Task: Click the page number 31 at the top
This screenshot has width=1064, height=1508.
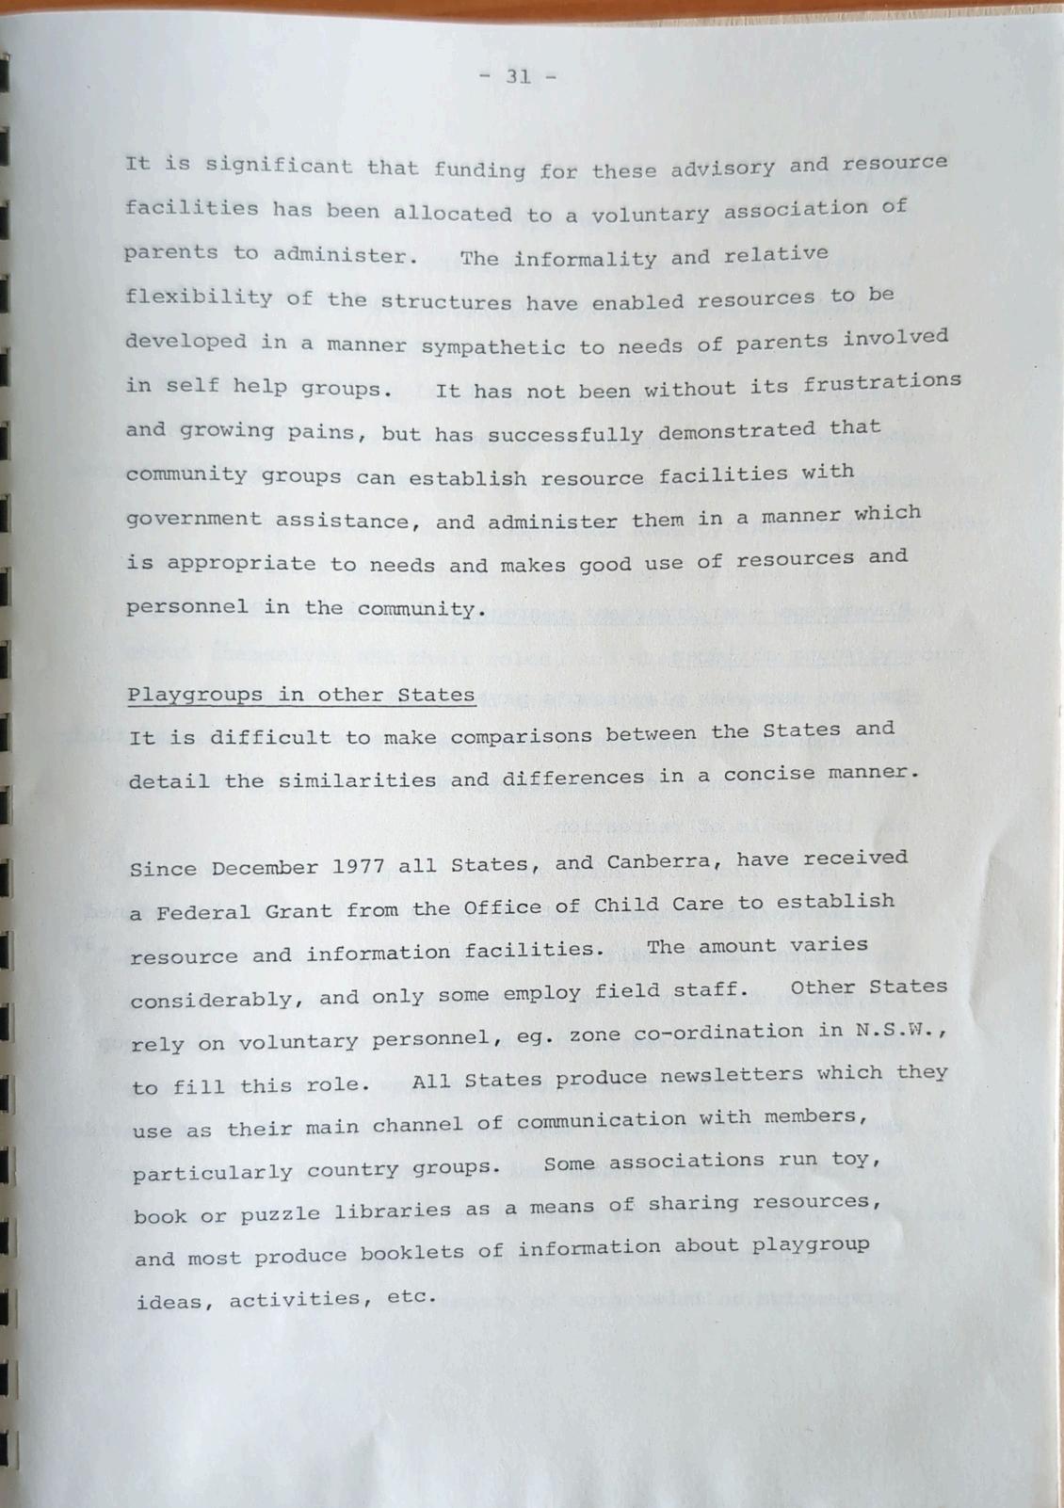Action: [518, 77]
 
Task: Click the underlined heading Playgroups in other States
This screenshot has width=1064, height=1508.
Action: [301, 696]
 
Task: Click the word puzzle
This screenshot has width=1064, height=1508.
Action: [281, 1214]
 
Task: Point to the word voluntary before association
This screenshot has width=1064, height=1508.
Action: [650, 215]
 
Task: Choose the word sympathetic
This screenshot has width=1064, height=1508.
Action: [492, 346]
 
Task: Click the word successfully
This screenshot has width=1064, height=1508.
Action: [565, 434]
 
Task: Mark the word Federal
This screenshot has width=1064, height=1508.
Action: [198, 912]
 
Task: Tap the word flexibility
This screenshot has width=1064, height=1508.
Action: [199, 298]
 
